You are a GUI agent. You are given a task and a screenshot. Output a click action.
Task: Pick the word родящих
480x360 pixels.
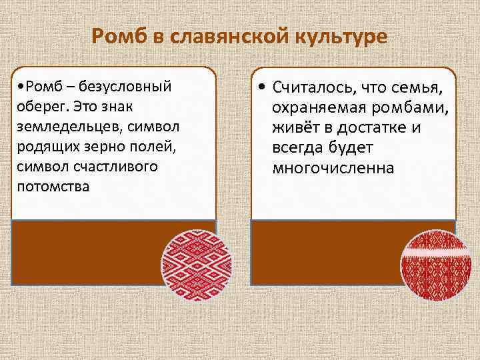[x=41, y=145]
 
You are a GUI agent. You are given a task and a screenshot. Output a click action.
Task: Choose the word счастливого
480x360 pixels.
[x=103, y=165]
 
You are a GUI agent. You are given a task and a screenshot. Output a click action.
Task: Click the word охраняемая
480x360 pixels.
[x=312, y=109]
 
